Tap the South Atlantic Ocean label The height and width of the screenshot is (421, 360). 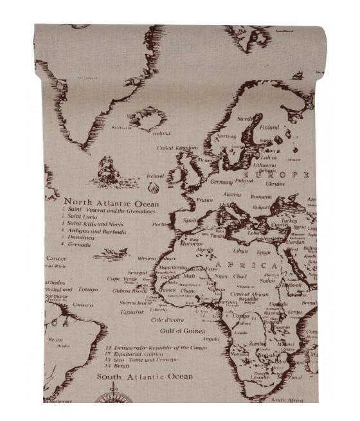click(x=144, y=376)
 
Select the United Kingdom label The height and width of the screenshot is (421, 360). click(x=177, y=148)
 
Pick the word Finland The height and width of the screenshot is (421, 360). click(x=269, y=127)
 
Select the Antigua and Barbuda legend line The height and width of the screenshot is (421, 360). click(x=96, y=231)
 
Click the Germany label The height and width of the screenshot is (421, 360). click(x=221, y=182)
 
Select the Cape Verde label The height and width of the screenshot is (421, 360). click(x=122, y=279)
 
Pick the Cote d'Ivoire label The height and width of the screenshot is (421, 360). click(x=166, y=319)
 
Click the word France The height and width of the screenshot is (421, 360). click(x=204, y=200)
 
